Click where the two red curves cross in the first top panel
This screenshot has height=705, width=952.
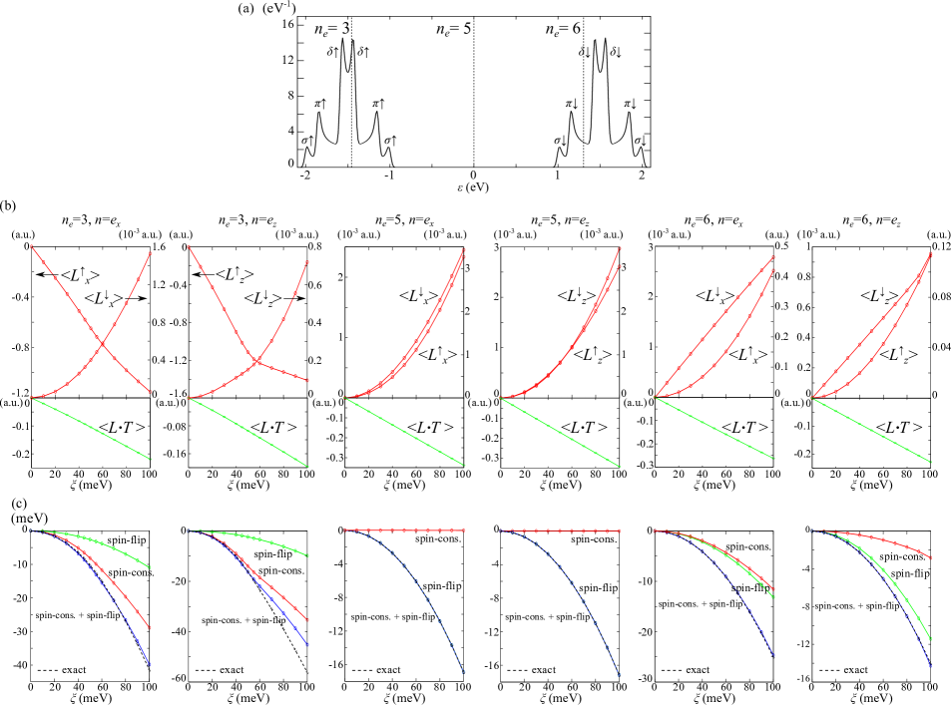103,344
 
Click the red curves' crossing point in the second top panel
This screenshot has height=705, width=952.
257,361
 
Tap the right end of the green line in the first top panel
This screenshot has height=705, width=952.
151,460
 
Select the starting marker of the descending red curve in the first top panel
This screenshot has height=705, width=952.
32,246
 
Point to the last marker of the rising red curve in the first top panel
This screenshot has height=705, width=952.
151,253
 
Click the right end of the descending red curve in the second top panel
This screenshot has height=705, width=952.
307,380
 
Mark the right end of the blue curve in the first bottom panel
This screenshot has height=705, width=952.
151,664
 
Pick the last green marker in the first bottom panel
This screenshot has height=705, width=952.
151,567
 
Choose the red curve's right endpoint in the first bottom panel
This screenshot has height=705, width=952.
151,628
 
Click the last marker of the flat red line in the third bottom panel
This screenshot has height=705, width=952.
464,530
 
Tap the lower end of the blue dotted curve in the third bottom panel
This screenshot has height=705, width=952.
464,673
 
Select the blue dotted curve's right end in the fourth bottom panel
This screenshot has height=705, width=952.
620,676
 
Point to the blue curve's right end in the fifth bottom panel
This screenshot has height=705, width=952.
773,655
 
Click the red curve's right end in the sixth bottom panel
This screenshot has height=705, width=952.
930,557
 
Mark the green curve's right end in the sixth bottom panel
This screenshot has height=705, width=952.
930,639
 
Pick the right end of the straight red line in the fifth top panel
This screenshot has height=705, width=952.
773,257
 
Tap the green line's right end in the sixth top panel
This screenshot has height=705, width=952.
930,462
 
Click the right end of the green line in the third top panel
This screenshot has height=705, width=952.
464,466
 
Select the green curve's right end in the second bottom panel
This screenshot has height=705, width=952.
307,555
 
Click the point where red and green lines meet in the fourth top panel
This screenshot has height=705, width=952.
501,398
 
